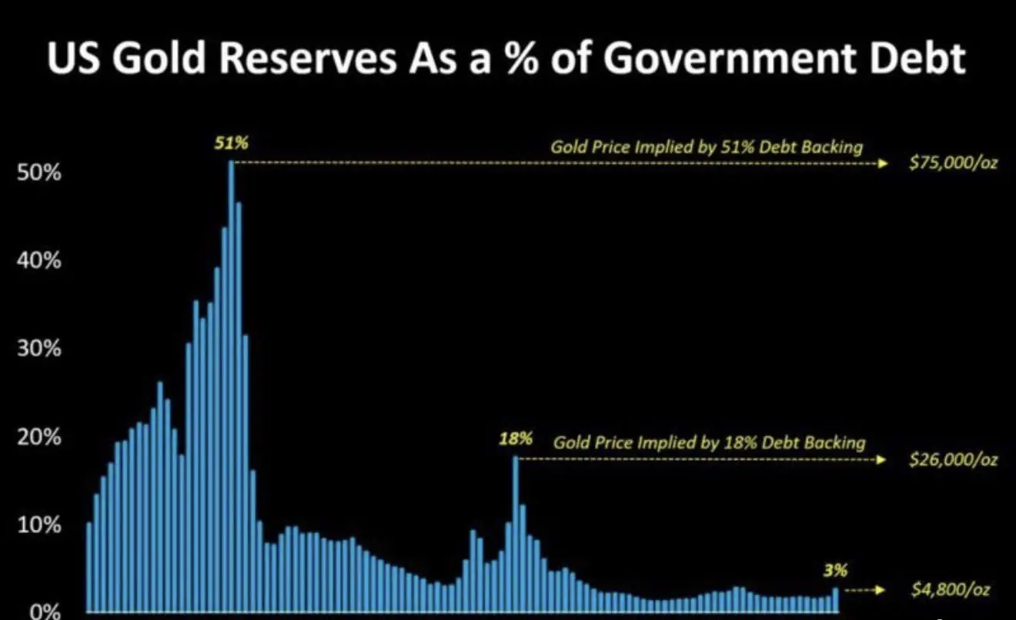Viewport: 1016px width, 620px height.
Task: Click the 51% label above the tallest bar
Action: click(x=232, y=142)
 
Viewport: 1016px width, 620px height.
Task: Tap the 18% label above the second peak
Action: click(x=516, y=439)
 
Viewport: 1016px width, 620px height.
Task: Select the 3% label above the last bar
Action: click(x=835, y=571)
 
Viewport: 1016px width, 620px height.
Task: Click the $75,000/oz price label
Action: click(x=953, y=165)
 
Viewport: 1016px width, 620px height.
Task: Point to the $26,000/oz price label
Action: click(x=953, y=460)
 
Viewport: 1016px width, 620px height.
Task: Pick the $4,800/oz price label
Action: click(x=948, y=591)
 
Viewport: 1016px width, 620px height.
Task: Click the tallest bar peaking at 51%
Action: click(x=231, y=385)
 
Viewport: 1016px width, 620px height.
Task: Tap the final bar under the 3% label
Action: click(x=835, y=601)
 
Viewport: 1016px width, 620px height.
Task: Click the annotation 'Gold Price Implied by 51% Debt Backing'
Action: click(x=707, y=146)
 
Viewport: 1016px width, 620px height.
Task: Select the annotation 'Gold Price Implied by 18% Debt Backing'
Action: click(x=709, y=443)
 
